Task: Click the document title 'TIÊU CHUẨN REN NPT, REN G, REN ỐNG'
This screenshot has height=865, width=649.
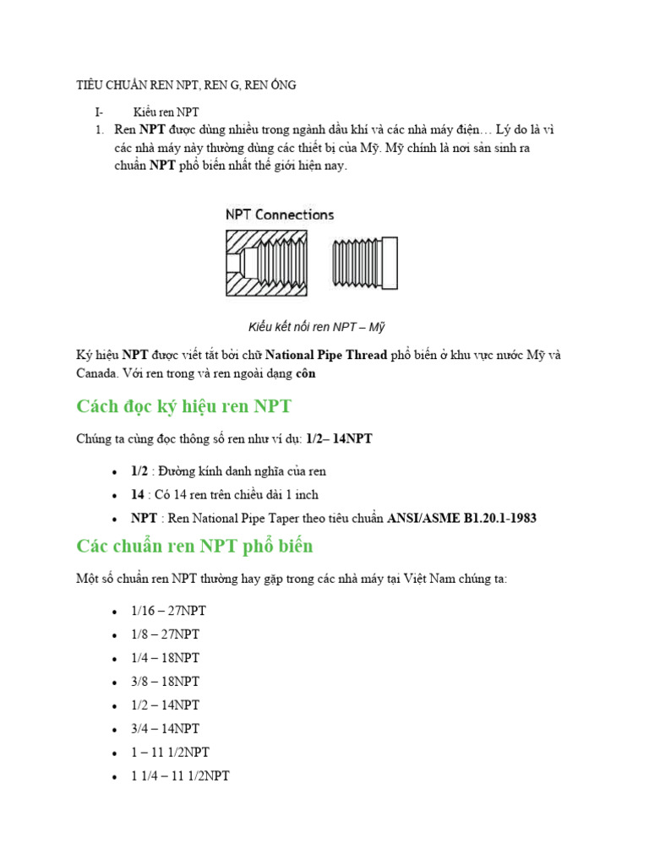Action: click(x=186, y=85)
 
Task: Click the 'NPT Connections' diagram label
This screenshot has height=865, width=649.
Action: click(x=280, y=215)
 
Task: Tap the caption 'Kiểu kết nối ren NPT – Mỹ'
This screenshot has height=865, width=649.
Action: click(x=317, y=326)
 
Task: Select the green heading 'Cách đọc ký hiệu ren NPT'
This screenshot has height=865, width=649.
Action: click(x=183, y=406)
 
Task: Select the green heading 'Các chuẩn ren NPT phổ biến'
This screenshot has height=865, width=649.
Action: click(x=194, y=546)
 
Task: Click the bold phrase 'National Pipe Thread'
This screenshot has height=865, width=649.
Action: click(x=332, y=355)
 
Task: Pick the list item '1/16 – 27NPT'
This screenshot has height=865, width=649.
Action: click(x=169, y=611)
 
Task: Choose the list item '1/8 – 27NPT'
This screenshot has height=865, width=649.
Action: click(x=166, y=634)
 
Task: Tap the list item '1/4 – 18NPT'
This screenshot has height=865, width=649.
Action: click(x=166, y=658)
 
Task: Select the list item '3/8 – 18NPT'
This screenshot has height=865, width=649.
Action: click(x=166, y=682)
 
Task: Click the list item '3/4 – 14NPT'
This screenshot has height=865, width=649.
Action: click(x=166, y=728)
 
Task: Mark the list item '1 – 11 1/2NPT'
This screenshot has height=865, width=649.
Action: click(x=172, y=752)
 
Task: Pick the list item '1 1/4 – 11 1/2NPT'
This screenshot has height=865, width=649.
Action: click(x=180, y=775)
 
